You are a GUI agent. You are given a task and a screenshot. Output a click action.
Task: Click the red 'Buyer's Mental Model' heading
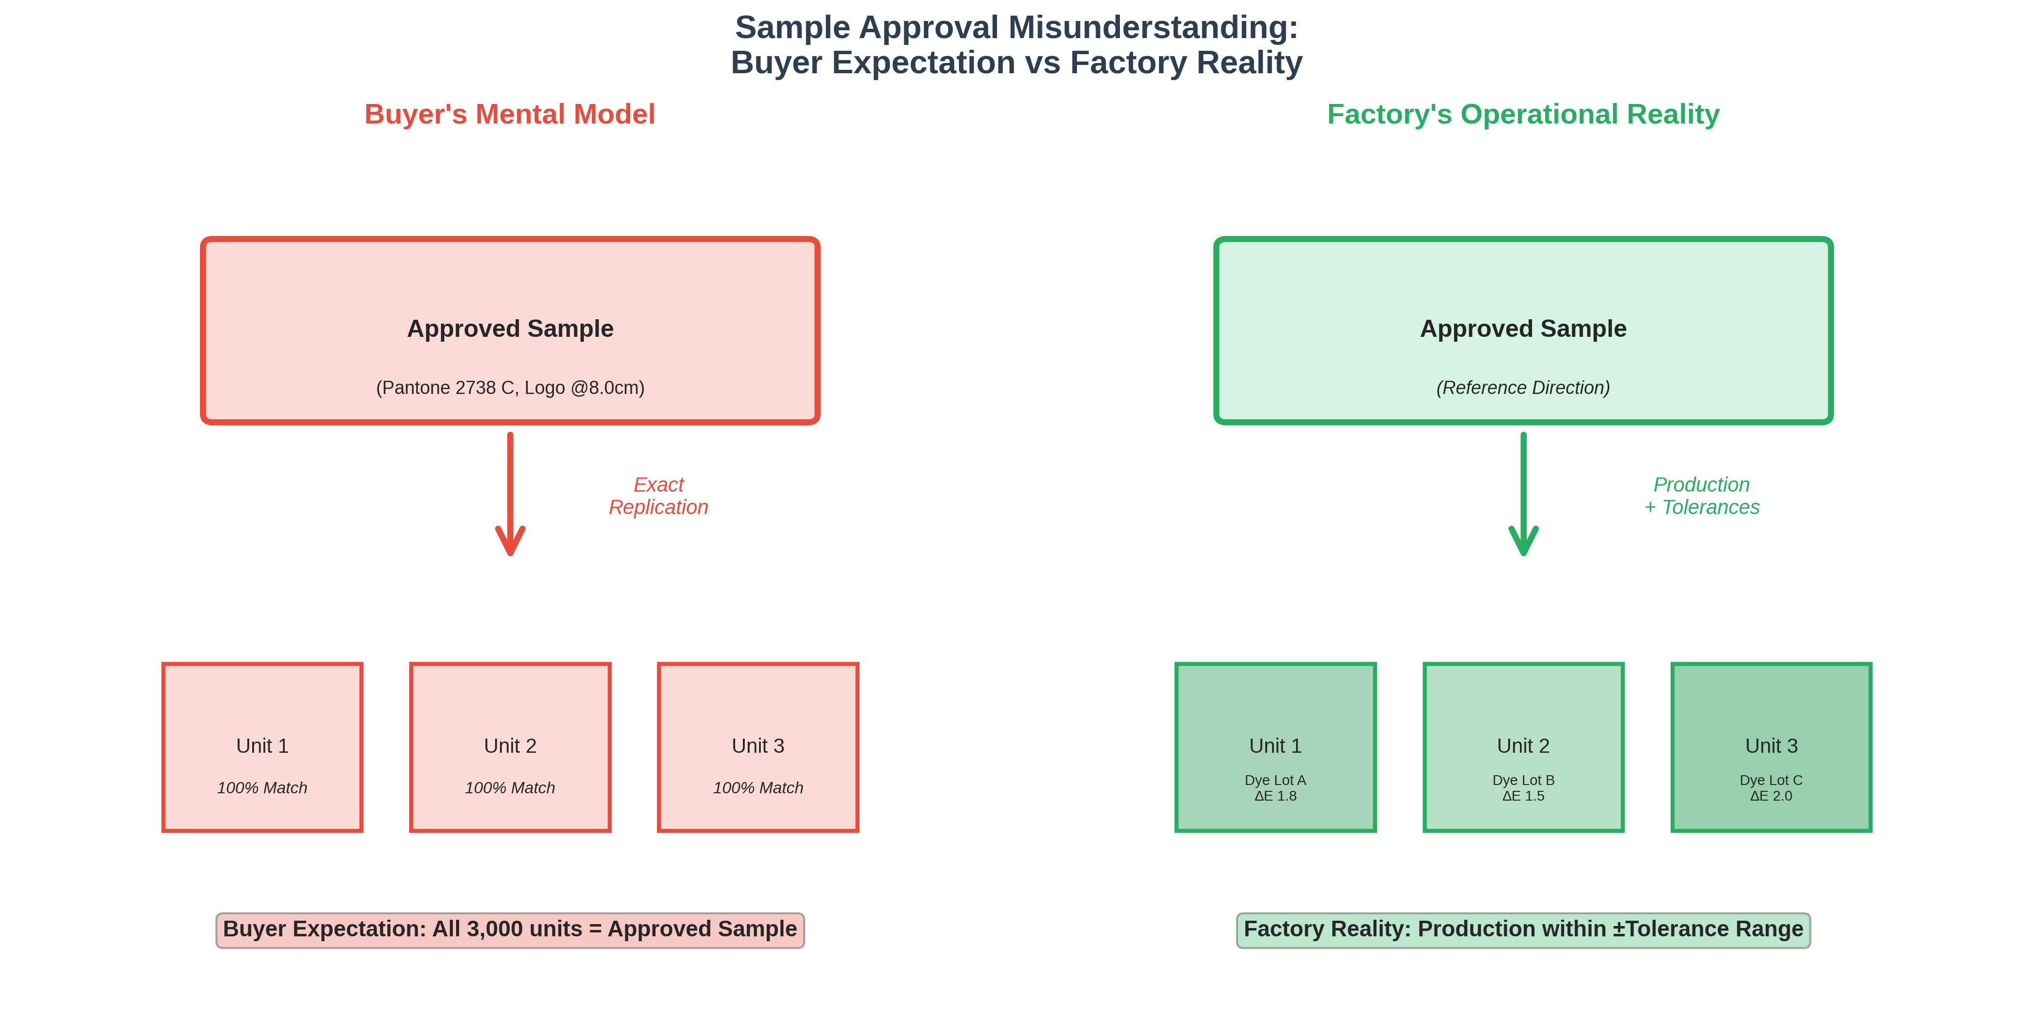[509, 115]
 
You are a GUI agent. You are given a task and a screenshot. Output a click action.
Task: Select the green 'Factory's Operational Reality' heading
[1522, 115]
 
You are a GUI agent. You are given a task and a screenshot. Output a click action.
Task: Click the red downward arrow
[510, 494]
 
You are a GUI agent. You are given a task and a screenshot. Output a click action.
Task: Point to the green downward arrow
[1523, 494]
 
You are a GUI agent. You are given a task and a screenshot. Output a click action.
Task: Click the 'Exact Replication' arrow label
[658, 496]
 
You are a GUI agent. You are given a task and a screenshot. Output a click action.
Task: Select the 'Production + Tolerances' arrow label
[1701, 496]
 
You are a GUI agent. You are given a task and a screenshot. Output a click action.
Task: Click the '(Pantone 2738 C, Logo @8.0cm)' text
[510, 388]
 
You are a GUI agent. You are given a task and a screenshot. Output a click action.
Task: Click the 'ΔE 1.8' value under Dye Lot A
[1275, 796]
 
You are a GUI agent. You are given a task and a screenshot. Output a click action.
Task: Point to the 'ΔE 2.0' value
[1771, 796]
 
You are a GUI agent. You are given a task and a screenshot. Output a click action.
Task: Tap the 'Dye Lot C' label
[1771, 781]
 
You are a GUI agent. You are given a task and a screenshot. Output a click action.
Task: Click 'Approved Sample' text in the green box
[1523, 329]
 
